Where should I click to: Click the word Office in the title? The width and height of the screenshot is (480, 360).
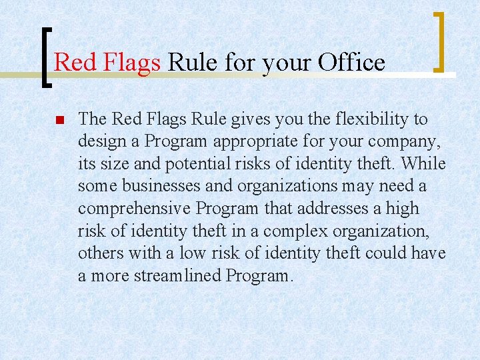[351, 63]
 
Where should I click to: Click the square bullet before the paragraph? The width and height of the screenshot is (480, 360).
[58, 121]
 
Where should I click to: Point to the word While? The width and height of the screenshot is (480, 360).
[425, 164]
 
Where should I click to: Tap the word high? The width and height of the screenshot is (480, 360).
[402, 209]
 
